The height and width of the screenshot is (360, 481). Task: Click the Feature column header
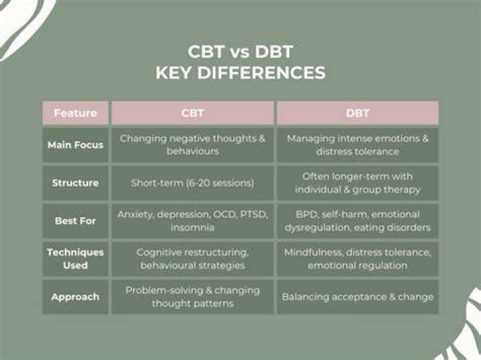point(75,113)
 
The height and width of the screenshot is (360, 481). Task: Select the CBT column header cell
point(192,113)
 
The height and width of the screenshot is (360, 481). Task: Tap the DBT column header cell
point(357,113)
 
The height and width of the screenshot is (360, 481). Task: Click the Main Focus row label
point(75,145)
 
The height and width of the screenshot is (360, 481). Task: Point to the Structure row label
point(75,183)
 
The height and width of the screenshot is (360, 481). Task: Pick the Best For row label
point(75,221)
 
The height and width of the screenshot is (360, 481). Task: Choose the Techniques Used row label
point(75,258)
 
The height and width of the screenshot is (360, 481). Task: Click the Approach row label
point(75,297)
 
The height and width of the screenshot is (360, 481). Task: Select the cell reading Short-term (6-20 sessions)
point(192,183)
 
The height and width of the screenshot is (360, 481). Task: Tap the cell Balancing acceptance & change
point(357,297)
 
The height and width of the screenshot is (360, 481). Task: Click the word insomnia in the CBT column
point(192,228)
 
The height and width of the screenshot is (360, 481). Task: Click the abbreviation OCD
point(223,214)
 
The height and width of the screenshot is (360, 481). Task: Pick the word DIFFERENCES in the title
point(261,73)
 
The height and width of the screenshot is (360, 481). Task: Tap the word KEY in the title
point(173,73)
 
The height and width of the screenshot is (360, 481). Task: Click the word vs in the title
point(240,53)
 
